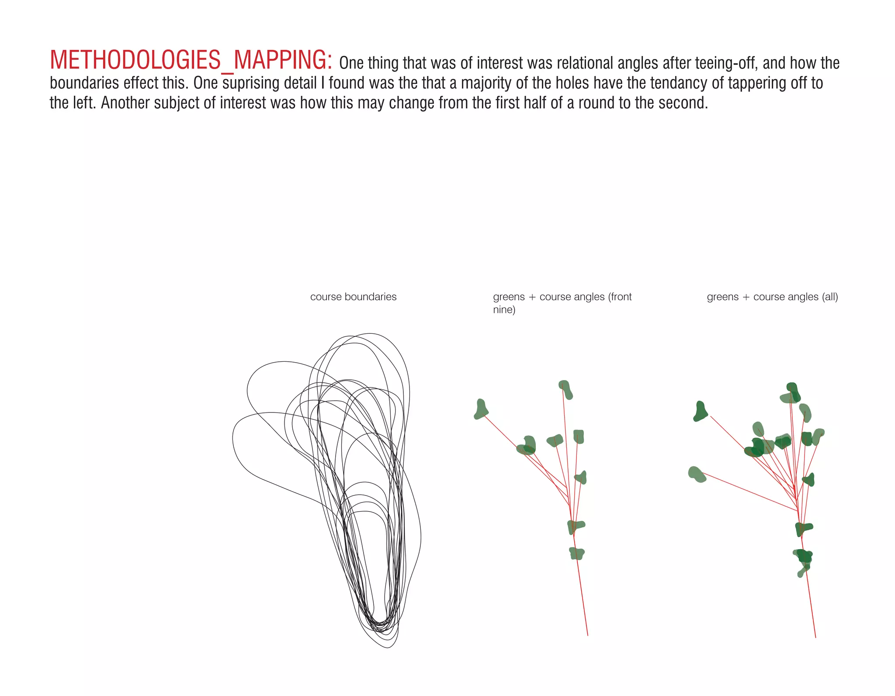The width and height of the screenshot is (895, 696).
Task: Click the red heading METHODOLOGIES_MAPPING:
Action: pyautogui.click(x=191, y=60)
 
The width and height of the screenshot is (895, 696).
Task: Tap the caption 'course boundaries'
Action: pyautogui.click(x=353, y=297)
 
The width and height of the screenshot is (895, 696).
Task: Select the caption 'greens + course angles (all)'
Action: pyautogui.click(x=772, y=297)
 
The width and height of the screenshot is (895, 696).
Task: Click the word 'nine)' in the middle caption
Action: pyautogui.click(x=504, y=310)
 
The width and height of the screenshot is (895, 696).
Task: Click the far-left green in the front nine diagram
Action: pyautogui.click(x=481, y=409)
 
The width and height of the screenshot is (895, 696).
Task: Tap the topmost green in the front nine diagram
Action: pyautogui.click(x=565, y=389)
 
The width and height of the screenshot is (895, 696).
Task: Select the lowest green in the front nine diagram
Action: pyautogui.click(x=577, y=554)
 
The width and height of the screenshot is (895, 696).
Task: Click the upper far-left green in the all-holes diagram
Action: pyautogui.click(x=701, y=412)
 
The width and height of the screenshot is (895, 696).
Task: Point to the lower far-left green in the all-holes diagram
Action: pyautogui.click(x=697, y=474)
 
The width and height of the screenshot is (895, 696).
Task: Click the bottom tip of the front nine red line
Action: pyautogui.click(x=587, y=635)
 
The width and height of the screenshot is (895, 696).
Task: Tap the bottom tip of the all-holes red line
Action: pyautogui.click(x=815, y=637)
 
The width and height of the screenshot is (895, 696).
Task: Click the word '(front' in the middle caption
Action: pyautogui.click(x=620, y=297)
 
